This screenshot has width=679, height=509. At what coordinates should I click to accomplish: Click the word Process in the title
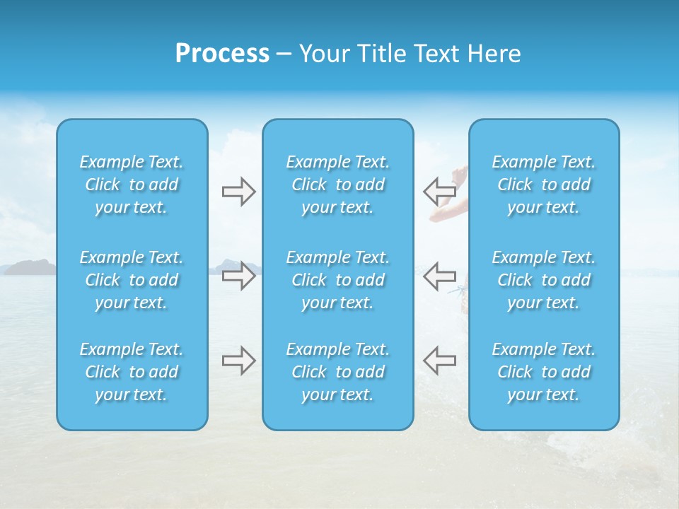[x=222, y=54]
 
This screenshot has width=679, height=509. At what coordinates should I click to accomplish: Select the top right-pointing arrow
[x=238, y=192]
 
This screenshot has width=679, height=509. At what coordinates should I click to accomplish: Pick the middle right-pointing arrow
[x=238, y=275]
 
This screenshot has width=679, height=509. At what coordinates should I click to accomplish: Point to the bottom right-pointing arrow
[x=238, y=360]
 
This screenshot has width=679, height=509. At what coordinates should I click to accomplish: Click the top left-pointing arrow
[x=439, y=191]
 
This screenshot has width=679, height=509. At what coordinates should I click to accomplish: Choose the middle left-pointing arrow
[x=439, y=275]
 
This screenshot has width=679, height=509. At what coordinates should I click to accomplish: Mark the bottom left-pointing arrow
[x=439, y=360]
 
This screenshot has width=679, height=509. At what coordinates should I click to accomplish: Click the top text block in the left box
[x=132, y=185]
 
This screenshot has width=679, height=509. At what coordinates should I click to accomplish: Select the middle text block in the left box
[x=132, y=280]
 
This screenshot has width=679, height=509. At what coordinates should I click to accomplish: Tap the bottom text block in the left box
[x=132, y=372]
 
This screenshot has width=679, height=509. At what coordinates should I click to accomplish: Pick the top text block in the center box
[x=338, y=185]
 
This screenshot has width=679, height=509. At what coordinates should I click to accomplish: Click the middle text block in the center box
[x=338, y=280]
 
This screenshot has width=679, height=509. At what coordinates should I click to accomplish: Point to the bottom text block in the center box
[x=338, y=372]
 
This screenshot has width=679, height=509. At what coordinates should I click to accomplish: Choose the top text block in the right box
[x=544, y=185]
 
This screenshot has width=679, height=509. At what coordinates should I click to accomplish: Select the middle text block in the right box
[x=544, y=280]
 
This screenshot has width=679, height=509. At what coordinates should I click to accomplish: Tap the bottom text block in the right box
[x=544, y=372]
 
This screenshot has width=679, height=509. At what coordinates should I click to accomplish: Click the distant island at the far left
[x=30, y=267]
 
